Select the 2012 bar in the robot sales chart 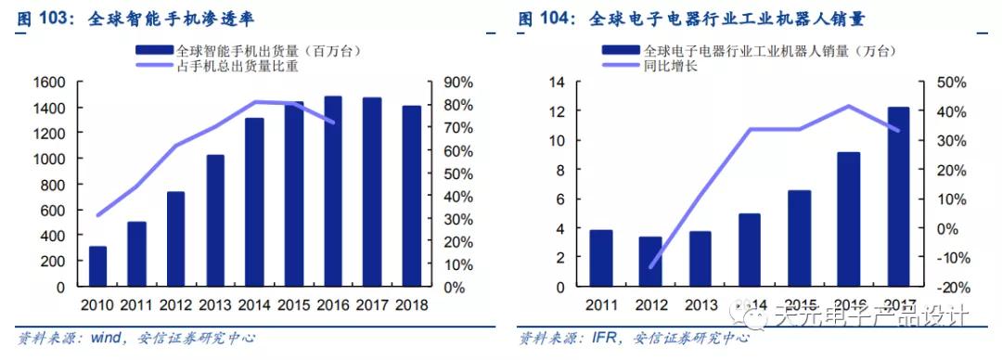click(651, 262)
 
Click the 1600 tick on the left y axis click(50, 83)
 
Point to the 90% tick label click(458, 83)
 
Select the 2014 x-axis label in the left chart click(253, 305)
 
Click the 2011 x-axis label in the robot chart click(602, 305)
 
